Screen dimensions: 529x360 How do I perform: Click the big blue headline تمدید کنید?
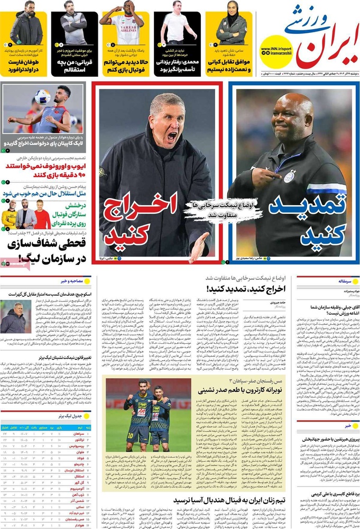pos(308,216)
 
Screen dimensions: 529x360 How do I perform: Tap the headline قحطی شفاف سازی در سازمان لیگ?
pos(45,251)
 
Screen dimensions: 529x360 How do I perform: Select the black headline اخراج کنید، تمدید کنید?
pos(248,289)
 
